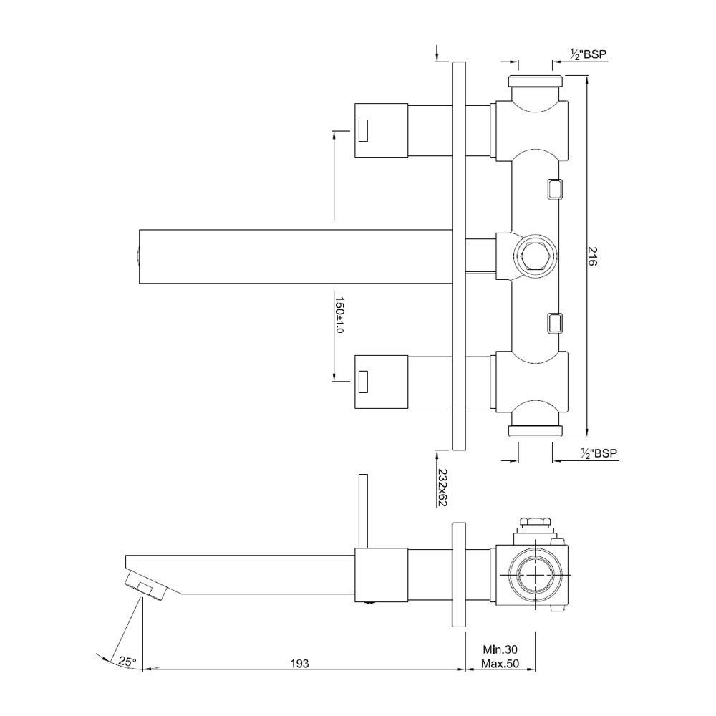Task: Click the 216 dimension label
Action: click(592, 256)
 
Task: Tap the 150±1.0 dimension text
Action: click(339, 314)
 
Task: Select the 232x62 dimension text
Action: click(442, 487)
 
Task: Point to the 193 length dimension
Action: click(300, 663)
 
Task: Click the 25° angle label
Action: click(127, 661)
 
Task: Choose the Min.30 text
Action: click(500, 649)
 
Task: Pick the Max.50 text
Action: click(500, 664)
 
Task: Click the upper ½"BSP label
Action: click(588, 54)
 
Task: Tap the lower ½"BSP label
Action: click(599, 453)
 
